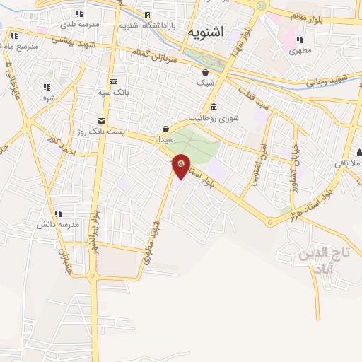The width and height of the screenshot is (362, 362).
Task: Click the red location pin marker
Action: tap(181, 165)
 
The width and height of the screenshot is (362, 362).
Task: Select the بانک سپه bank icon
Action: tap(113, 81)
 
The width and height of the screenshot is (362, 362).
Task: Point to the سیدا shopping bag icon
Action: tap(166, 128)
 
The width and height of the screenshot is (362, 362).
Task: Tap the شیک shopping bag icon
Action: tap(205, 71)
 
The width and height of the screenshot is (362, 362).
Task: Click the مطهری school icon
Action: tap(300, 40)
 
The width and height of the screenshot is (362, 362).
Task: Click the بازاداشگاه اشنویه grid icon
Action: tap(148, 15)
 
